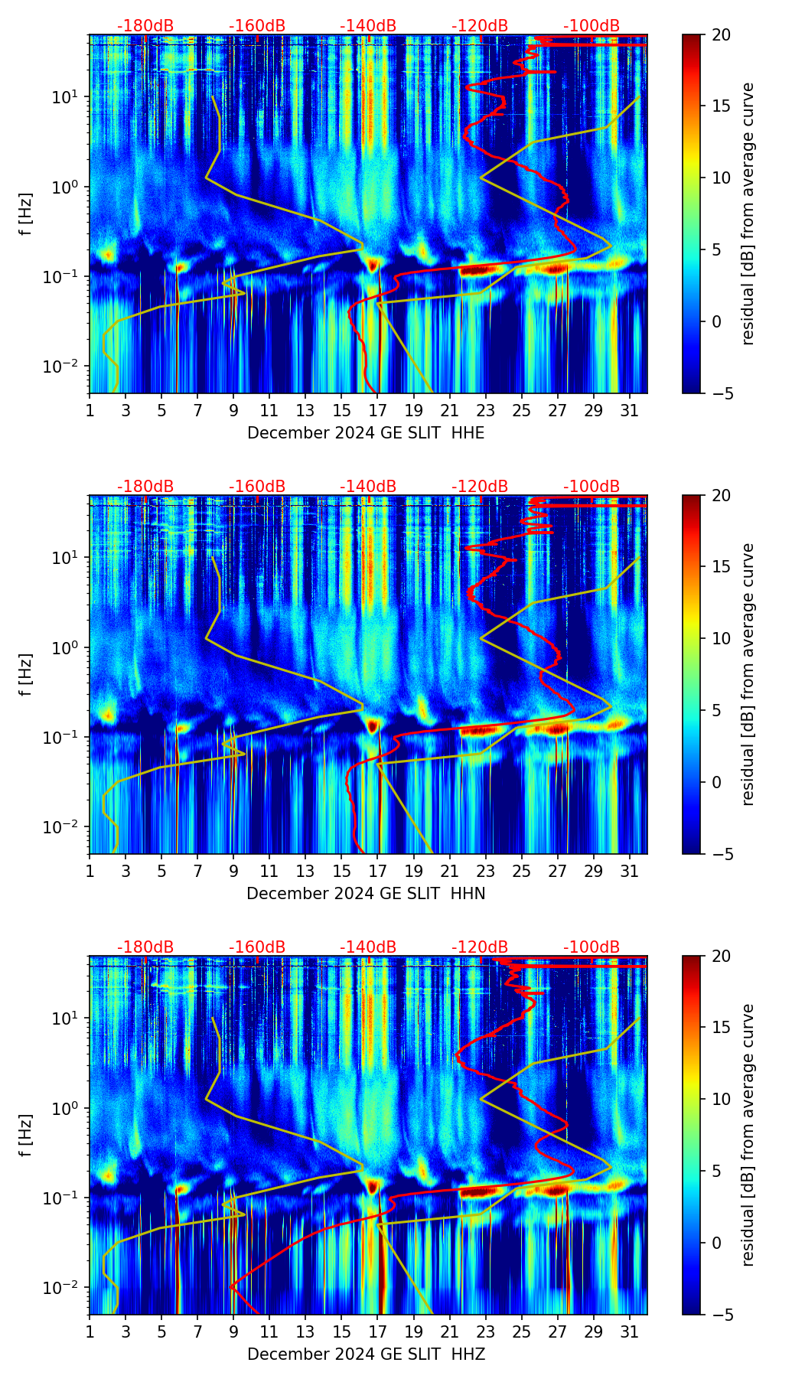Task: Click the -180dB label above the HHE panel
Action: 145,26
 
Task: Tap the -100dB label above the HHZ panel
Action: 592,947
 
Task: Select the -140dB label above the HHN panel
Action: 368,487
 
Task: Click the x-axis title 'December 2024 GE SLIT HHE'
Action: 366,433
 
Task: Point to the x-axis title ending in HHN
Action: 366,894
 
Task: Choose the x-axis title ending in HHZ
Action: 366,1354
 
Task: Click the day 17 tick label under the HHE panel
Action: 378,410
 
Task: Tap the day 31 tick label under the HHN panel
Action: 630,871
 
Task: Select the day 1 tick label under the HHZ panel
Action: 90,1331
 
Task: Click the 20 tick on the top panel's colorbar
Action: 721,34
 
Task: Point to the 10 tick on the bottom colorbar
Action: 721,1100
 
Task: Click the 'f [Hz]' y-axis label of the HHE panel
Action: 26,214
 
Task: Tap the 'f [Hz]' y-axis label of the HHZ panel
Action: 26,1136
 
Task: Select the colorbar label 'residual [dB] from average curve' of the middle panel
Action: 748,674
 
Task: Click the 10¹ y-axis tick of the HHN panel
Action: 67,557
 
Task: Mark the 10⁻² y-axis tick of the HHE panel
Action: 64,367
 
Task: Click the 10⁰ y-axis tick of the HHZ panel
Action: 67,1108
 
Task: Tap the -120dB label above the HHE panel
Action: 480,26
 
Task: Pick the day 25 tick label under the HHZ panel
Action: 522,1331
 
